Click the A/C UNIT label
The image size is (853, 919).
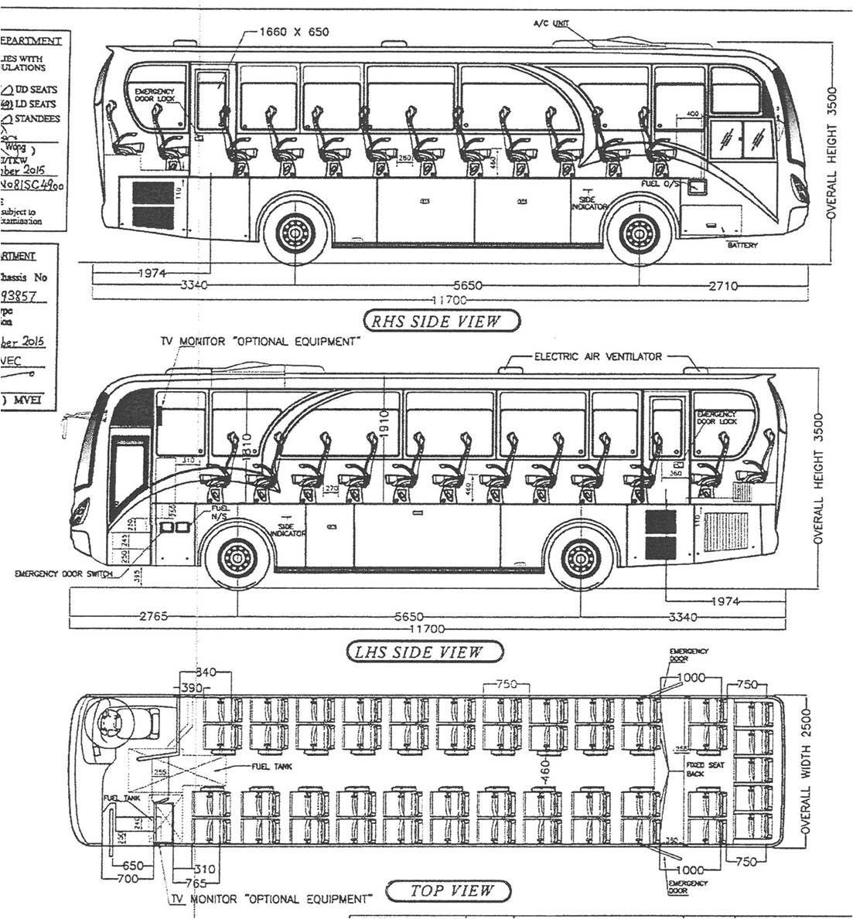pos(551,24)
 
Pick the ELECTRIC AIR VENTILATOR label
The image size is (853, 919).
pos(598,356)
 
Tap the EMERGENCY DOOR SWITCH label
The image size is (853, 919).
pos(63,574)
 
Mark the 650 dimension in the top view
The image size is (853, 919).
pos(133,866)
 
